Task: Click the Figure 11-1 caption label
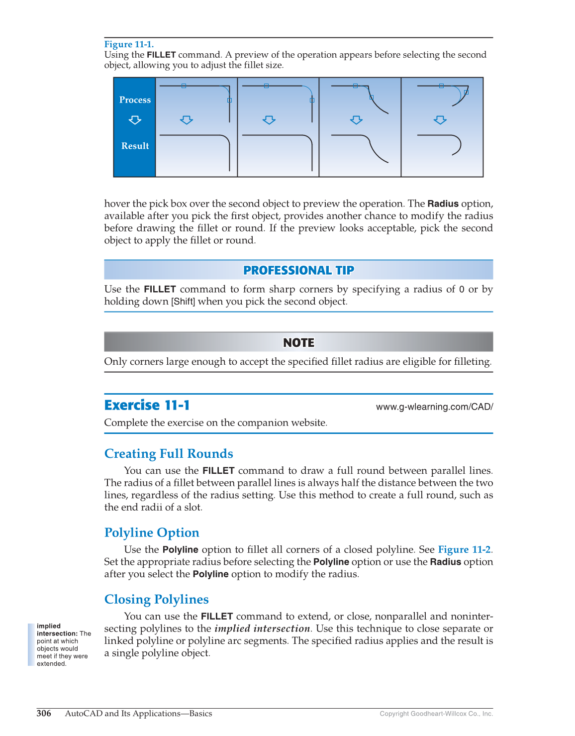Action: coord(129,44)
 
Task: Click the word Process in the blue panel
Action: coord(135,100)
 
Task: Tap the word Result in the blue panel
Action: coord(135,146)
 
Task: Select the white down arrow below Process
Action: coord(135,120)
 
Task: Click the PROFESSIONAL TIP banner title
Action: coord(298,270)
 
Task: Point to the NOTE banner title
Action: coord(298,343)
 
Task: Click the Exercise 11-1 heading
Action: coord(147,406)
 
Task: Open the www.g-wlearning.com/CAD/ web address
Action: coord(434,407)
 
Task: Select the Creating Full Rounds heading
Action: coord(169,454)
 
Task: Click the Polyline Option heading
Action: coord(152,533)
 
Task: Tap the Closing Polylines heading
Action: coord(156,600)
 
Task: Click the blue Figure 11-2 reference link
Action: coord(464,550)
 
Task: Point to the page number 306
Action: coord(44,714)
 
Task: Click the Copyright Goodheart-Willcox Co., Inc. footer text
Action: coord(436,714)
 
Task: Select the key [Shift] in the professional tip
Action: coord(183,302)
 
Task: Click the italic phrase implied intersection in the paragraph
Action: coord(262,629)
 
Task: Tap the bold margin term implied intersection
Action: coord(56,630)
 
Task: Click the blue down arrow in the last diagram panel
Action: coord(440,120)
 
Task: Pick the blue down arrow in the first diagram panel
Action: coord(187,120)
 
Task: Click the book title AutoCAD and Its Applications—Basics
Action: coord(138,714)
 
